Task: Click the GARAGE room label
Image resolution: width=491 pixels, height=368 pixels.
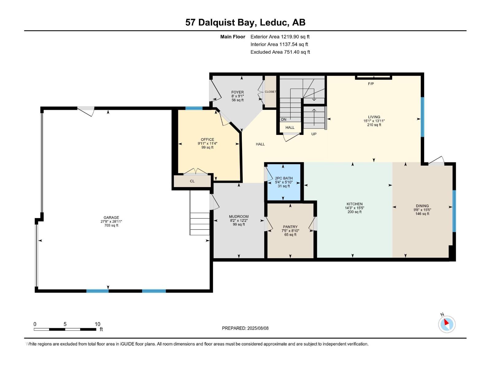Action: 111,217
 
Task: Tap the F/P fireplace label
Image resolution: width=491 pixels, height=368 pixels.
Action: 371,84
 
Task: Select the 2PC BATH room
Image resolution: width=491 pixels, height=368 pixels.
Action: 284,182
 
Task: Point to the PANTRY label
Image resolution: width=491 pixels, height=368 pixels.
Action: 290,227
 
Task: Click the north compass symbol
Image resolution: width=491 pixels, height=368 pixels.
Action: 447,324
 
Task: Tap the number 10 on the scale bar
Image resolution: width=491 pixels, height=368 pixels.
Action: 97,324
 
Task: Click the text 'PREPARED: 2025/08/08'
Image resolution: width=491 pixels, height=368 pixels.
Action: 245,328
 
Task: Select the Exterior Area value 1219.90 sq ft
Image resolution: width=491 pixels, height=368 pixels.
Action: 280,36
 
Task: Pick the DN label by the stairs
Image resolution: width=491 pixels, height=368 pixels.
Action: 284,120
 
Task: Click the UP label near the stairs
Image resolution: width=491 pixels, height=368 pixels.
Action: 314,134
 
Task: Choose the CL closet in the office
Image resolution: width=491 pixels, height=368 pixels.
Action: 192,181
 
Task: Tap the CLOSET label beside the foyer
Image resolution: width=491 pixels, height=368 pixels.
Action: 270,92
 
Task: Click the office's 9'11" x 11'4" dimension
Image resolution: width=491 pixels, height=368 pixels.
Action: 207,144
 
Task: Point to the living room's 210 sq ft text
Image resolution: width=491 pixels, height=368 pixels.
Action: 374,125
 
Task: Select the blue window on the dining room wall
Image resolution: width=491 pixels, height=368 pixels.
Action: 454,211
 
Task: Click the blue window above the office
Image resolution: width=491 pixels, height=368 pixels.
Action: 194,108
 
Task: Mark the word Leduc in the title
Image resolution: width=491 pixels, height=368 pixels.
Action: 274,22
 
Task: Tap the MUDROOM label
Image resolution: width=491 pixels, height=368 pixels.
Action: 239,217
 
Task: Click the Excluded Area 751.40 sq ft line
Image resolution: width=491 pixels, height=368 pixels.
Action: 280,52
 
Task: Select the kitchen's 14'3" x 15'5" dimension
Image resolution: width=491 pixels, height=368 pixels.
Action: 354,208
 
